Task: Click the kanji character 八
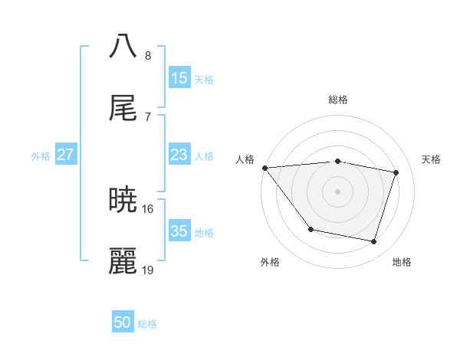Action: (123, 45)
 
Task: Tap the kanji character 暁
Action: (123, 201)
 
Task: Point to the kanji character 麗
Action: (123, 263)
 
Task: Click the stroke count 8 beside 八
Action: (148, 56)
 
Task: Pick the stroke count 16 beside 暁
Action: (148, 208)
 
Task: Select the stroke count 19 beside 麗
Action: (148, 270)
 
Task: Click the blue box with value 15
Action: (179, 78)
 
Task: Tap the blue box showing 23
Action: (179, 155)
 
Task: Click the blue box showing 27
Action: (66, 155)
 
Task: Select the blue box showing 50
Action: (123, 322)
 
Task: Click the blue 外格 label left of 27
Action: (41, 155)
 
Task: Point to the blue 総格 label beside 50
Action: (147, 324)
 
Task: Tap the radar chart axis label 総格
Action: (338, 100)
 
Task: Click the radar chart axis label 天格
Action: (431, 159)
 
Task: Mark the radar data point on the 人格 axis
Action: (264, 168)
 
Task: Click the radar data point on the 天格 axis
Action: (396, 172)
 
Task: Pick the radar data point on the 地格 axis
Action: (374, 242)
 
